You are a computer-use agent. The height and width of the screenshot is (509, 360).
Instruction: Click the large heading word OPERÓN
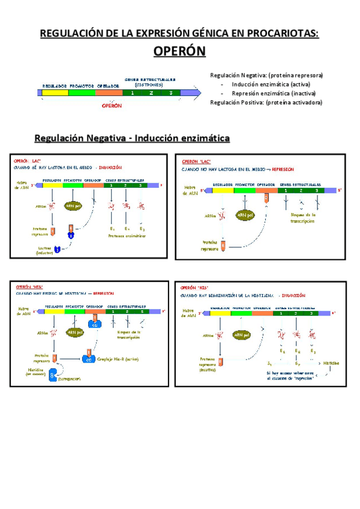pos(179,52)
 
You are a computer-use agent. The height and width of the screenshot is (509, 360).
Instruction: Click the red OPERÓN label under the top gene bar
pos(112,106)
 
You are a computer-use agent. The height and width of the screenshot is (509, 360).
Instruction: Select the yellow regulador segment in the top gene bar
pos(55,93)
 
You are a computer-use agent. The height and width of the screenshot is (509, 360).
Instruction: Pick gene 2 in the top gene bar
pos(151,93)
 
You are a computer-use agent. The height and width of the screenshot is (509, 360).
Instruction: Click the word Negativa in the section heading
pos(100,139)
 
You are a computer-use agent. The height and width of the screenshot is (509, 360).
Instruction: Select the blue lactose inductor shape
pos(58,249)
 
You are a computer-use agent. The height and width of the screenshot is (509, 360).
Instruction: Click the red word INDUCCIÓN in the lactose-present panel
pos(111,168)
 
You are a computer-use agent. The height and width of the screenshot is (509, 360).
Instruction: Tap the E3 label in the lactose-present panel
pos(142,229)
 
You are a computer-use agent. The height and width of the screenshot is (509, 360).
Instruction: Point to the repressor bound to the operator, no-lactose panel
pos(266,197)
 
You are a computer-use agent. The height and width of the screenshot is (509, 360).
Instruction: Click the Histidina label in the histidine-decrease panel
pos(331,364)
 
